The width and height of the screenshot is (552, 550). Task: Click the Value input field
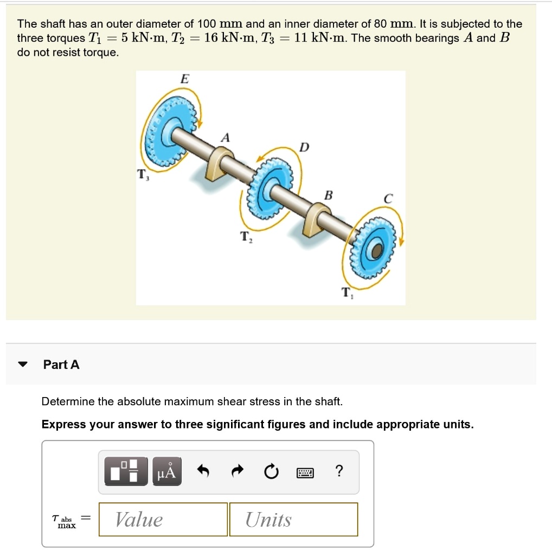pos(163,520)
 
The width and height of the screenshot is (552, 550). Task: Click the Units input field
pos(293,520)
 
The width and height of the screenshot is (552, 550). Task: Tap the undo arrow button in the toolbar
pos(202,472)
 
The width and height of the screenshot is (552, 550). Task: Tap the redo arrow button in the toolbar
pos(236,472)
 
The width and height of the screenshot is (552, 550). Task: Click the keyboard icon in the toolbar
pos(305,472)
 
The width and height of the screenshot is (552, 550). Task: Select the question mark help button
pos(339,471)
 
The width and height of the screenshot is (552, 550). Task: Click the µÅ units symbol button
pos(166,472)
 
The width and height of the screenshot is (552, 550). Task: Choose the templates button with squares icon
pos(126,472)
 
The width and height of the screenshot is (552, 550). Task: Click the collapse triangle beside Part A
pos(22,364)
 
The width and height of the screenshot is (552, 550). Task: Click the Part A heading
pos(61,364)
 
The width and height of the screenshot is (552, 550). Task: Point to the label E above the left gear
pos(184,79)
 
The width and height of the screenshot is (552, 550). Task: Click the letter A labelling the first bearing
pos(225,138)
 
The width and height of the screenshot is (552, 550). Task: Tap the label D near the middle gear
pos(304,148)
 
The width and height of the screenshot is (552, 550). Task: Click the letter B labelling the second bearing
pos(328,195)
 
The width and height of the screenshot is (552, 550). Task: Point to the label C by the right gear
pos(387,199)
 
